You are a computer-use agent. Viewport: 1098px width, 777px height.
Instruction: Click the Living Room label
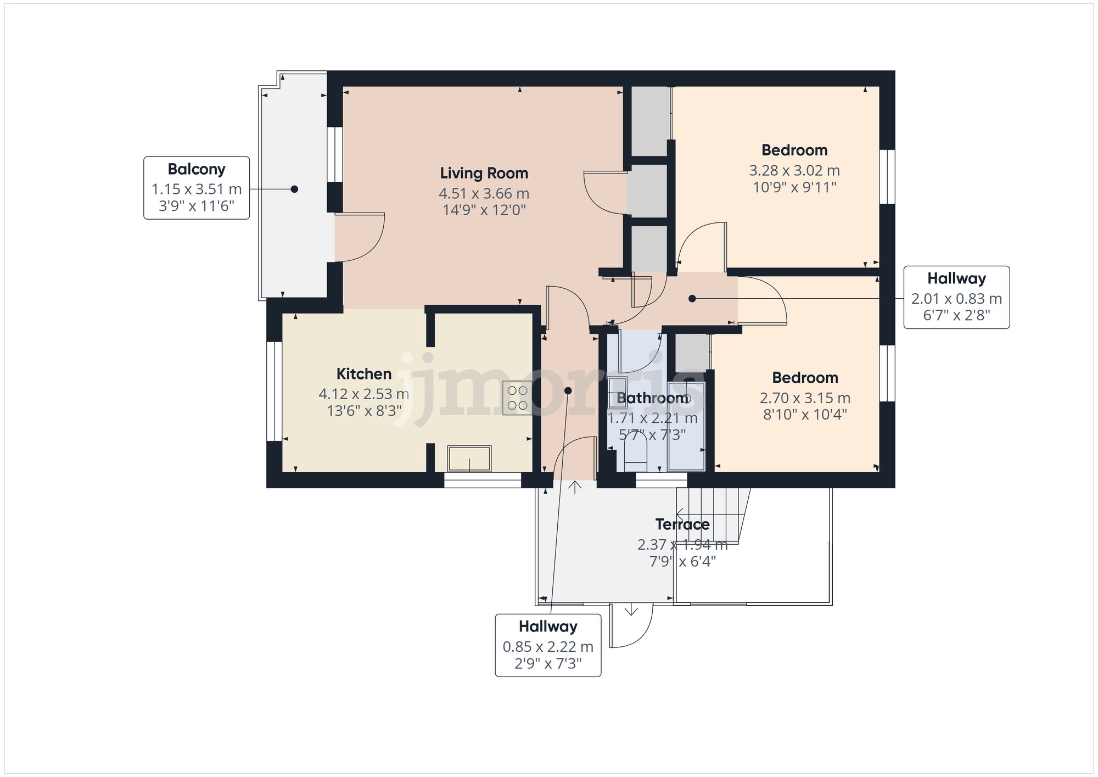[x=484, y=174]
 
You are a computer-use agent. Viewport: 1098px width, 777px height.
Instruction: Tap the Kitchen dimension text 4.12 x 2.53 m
[x=363, y=394]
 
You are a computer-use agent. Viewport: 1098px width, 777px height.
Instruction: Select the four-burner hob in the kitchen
[x=517, y=398]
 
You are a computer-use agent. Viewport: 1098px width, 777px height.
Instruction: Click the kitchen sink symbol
[x=469, y=459]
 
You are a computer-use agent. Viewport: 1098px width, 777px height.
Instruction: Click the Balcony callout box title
[x=197, y=169]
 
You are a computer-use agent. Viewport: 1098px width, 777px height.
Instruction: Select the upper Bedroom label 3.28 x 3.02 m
[x=794, y=171]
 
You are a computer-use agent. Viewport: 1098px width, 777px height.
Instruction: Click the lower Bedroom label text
[x=805, y=378]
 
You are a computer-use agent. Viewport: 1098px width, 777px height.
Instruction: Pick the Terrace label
[x=682, y=524]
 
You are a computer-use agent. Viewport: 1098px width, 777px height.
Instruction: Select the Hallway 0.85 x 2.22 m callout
[x=548, y=645]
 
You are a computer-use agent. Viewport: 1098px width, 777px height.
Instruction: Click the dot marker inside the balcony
[x=294, y=189]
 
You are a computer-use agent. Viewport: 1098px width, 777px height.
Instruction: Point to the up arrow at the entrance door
[x=575, y=487]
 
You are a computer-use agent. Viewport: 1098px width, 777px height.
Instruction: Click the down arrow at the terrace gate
[x=631, y=610]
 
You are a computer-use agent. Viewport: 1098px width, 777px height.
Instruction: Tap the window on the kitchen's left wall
[x=274, y=391]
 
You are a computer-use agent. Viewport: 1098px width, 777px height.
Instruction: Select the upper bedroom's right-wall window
[x=887, y=177]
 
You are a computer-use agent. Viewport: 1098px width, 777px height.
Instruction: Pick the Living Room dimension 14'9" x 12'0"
[x=484, y=210]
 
